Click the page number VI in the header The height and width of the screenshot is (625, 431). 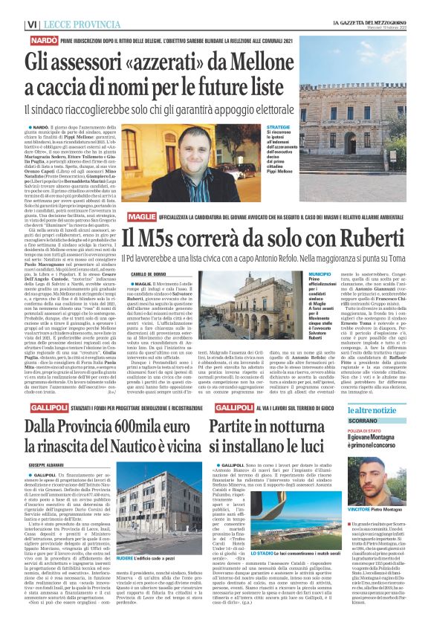[x=12, y=25]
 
